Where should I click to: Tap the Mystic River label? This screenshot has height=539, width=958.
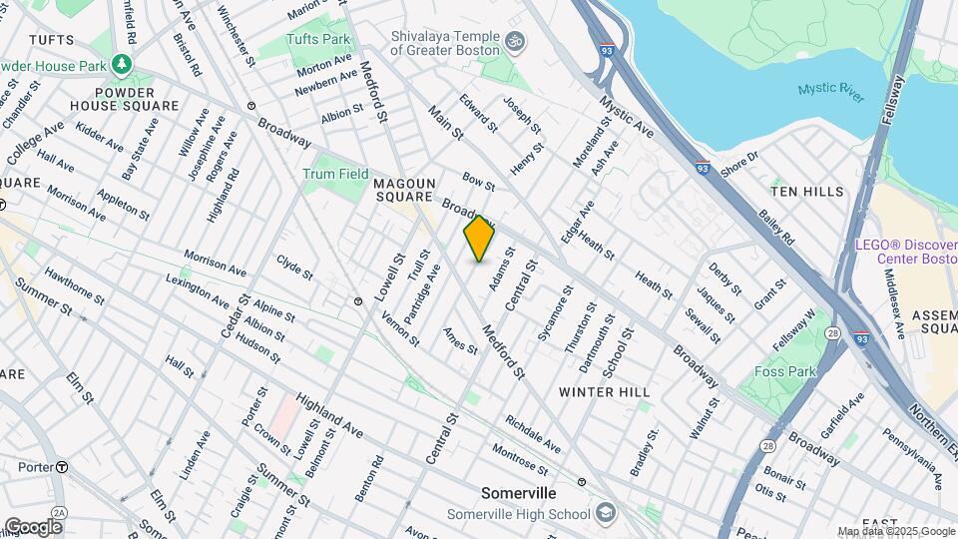click(831, 92)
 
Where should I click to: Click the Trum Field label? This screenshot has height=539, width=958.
click(335, 174)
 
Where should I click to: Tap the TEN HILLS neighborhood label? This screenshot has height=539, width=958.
click(807, 191)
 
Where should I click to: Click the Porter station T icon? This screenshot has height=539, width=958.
click(62, 466)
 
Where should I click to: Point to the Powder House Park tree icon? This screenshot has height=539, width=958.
click(122, 64)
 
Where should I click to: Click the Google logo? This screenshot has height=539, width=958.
click(33, 526)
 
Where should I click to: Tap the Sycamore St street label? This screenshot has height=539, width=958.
click(554, 314)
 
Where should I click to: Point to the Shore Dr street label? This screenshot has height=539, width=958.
click(739, 163)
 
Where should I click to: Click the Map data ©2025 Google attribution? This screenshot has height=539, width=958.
click(895, 531)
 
